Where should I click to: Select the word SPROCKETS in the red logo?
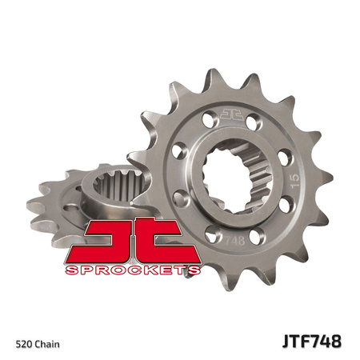click(132, 270)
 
